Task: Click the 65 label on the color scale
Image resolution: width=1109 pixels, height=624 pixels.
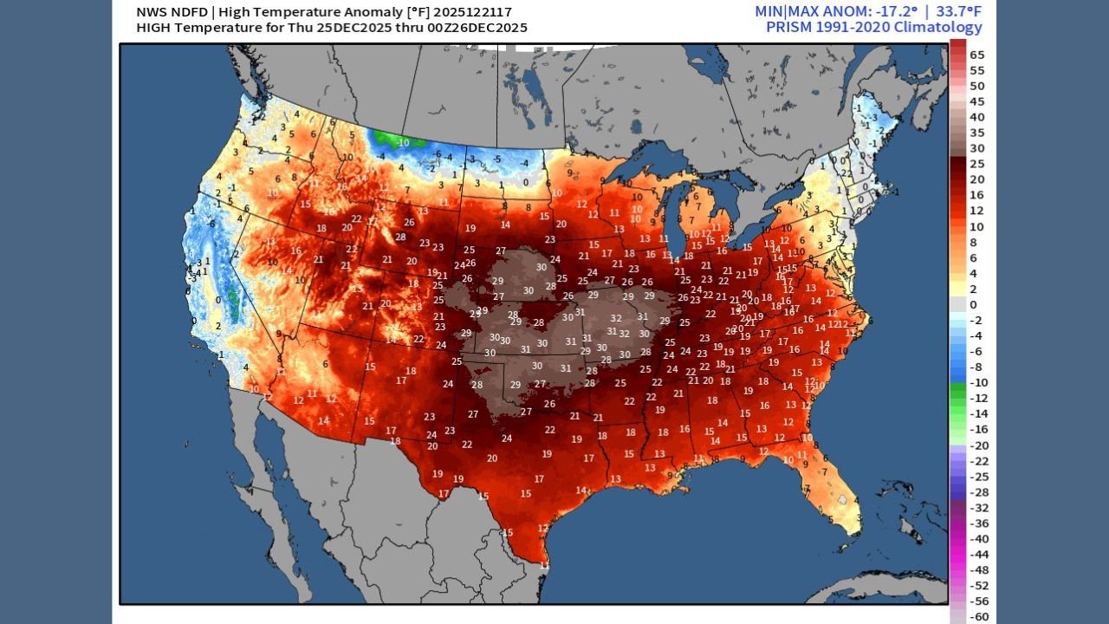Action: click(977, 55)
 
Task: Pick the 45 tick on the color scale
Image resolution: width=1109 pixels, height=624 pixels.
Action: click(977, 101)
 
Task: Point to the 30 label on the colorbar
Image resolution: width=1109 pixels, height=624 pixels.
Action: click(977, 148)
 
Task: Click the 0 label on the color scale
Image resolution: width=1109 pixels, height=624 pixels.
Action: click(974, 304)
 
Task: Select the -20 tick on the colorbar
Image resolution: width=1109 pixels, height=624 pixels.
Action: click(977, 445)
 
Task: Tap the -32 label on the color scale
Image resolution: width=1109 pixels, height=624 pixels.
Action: click(977, 508)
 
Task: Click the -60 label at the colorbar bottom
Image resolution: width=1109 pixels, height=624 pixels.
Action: click(977, 617)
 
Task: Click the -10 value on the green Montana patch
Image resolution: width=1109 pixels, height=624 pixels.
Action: click(403, 142)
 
